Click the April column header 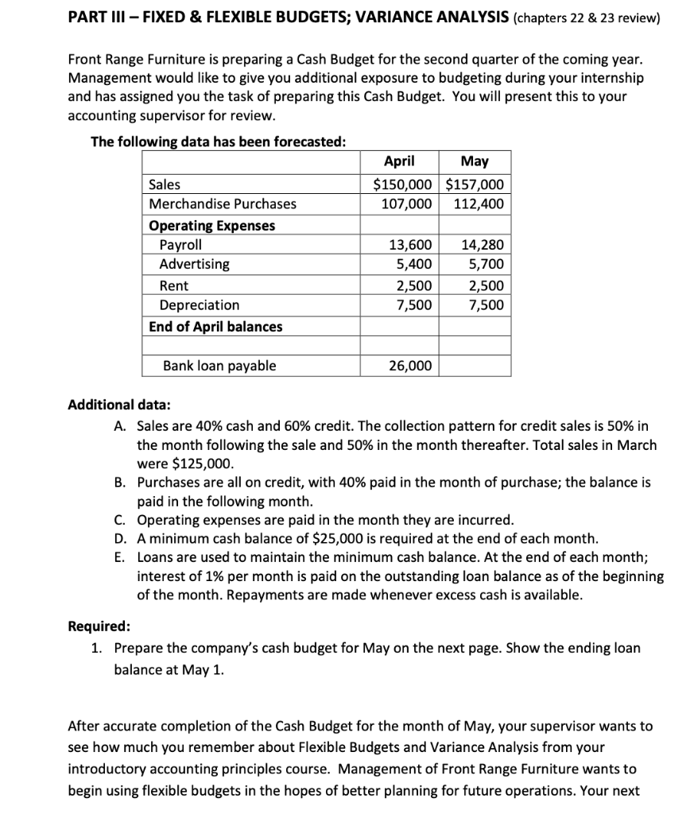point(398,161)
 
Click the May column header point(475,161)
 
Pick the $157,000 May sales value point(475,184)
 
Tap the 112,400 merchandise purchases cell point(479,203)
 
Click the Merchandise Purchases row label point(223,203)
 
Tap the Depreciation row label point(200,305)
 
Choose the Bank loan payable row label point(219,366)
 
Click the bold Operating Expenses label point(212,226)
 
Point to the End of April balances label point(215,327)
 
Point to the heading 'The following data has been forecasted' point(219,141)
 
